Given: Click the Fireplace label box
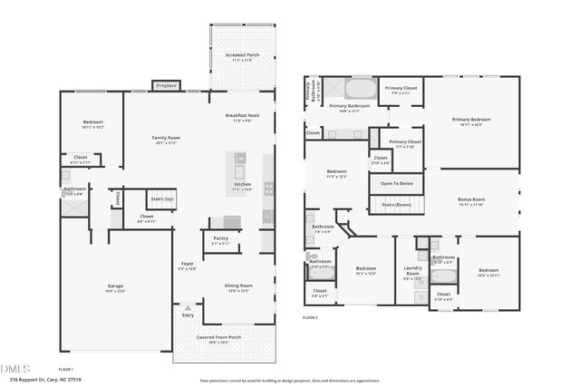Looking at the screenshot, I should pos(167,85).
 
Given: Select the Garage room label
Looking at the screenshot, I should pos(116,287).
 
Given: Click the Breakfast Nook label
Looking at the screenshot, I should pos(242,117).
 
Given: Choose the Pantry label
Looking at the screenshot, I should pos(220,240).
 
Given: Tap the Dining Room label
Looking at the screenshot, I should pos(238,286).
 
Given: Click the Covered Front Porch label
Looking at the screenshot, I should pos(218,338).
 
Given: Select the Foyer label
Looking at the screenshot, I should pos(187,265).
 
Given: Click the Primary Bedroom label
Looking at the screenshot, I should pos(471,121).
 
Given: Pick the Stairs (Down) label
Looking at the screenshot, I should pos(397,205).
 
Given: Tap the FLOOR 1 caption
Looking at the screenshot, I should pos(66,370).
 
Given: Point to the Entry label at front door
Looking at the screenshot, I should pos(188,315).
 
